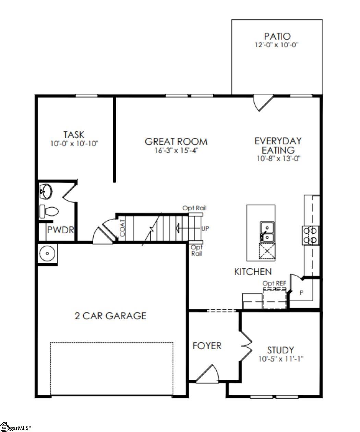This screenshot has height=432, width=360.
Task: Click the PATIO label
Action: (x=277, y=36)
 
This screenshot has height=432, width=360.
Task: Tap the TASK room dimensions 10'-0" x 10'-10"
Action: (x=74, y=143)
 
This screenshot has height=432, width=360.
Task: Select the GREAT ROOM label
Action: (x=176, y=141)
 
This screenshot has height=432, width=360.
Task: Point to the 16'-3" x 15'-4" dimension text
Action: (x=176, y=150)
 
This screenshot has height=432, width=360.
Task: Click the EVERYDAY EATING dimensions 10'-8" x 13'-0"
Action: (x=278, y=159)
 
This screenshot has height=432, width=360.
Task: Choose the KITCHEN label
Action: (x=253, y=272)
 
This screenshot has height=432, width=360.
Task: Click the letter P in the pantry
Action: (x=302, y=293)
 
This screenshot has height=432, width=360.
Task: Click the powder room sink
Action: (x=46, y=191)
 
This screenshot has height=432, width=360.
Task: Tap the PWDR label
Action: (x=61, y=230)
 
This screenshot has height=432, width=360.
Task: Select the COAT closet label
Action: (x=122, y=228)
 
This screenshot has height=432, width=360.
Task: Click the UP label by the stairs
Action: (x=205, y=228)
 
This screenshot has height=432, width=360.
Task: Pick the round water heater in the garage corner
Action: (x=47, y=254)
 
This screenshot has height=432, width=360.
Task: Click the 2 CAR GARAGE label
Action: (x=110, y=316)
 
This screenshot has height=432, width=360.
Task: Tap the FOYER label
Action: (x=207, y=346)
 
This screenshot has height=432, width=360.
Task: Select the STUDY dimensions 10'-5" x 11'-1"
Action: (x=281, y=359)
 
